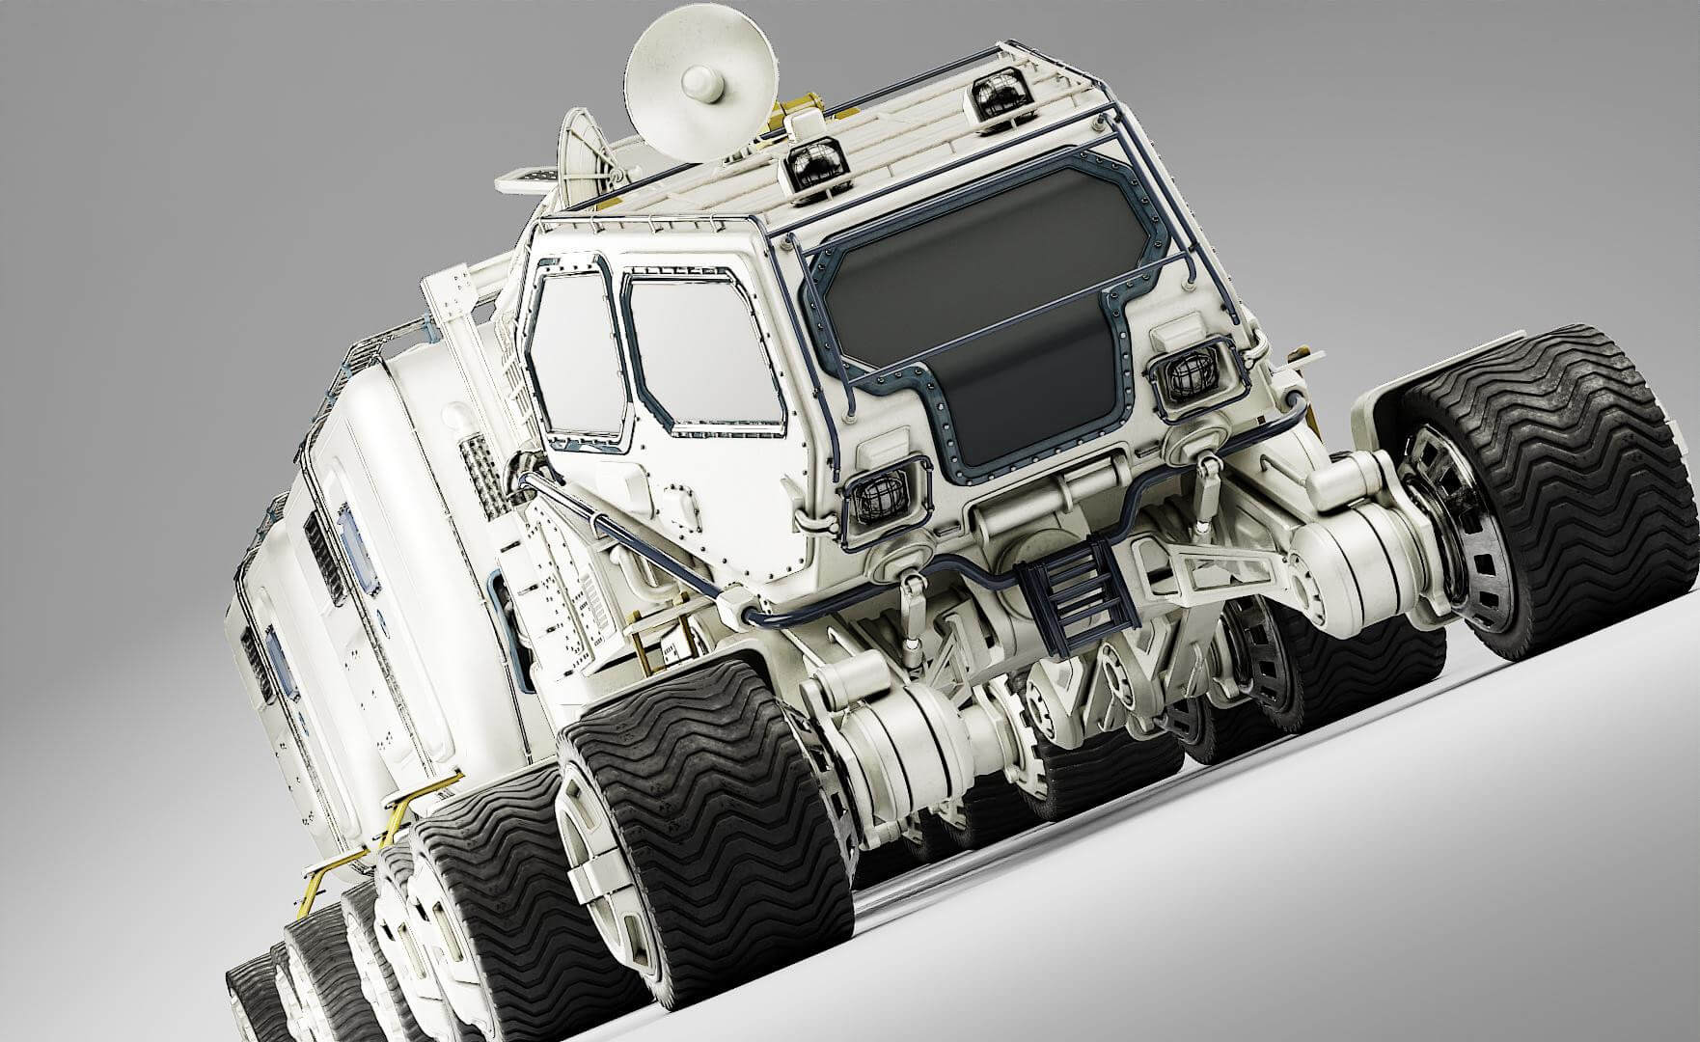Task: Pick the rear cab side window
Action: pyautogui.click(x=576, y=352)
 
